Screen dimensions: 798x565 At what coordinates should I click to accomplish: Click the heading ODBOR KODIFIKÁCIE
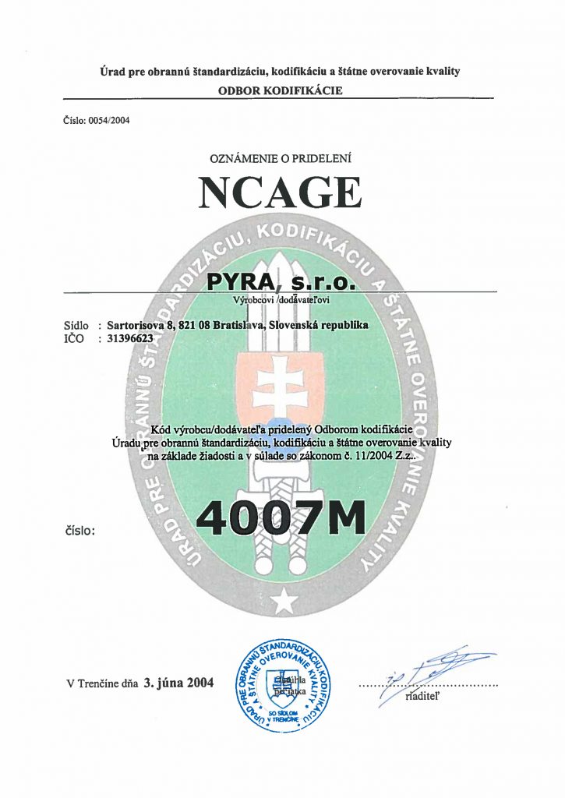(x=281, y=90)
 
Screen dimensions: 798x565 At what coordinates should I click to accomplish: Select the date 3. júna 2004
(x=178, y=683)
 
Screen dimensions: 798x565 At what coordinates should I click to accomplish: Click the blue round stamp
(x=281, y=683)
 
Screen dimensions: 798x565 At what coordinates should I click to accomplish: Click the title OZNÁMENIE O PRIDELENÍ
(x=281, y=158)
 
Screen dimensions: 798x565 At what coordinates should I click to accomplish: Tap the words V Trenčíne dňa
(x=102, y=684)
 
